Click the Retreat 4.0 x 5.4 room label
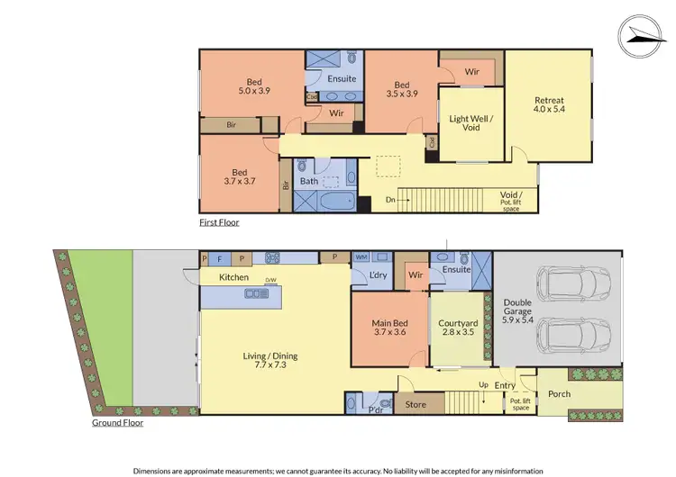pyautogui.click(x=549, y=105)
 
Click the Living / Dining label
pyautogui.click(x=269, y=361)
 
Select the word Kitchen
pyautogui.click(x=233, y=277)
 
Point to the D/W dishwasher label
pyautogui.click(x=269, y=281)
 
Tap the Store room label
pyautogui.click(x=416, y=404)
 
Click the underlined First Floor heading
pyautogui.click(x=219, y=221)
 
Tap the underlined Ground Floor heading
pyautogui.click(x=118, y=421)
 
